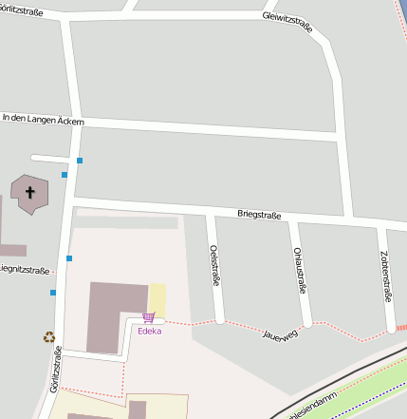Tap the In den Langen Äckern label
(43, 121)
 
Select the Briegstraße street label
(259, 216)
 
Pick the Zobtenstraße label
(385, 276)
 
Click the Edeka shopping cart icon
(149, 318)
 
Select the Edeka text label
(149, 332)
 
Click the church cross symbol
(30, 193)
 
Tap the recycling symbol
(48, 336)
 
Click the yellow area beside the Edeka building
(157, 298)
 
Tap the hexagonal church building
(28, 195)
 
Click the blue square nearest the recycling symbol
(53, 293)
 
